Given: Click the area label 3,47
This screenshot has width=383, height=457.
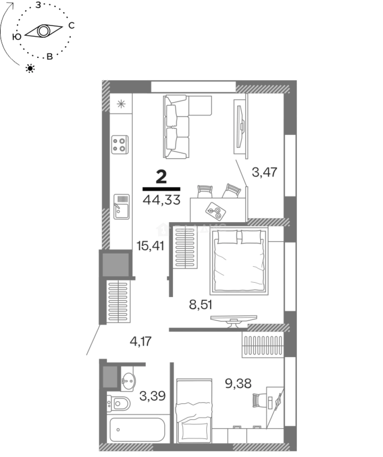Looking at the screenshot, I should pos(264,172).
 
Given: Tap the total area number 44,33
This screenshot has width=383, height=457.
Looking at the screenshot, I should pos(162,200).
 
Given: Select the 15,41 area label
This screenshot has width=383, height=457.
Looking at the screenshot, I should pos(150,245).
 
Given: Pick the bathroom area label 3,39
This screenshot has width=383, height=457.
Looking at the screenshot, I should pos(152,396).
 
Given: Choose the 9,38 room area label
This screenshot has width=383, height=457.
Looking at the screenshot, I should pos(238,383).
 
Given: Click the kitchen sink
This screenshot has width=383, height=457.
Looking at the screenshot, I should pos(121,206).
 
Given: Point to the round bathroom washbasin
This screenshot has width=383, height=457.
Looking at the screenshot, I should pos(127,379).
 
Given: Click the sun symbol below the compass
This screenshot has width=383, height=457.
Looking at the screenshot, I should pos(30,68).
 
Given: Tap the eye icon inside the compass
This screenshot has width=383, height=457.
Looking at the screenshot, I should pos(43,31).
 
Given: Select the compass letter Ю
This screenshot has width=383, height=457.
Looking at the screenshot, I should pos(17,37).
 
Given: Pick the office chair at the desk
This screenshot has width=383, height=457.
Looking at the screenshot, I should pos(259,399).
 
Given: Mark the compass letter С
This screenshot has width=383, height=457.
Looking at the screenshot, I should pos(72,26).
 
